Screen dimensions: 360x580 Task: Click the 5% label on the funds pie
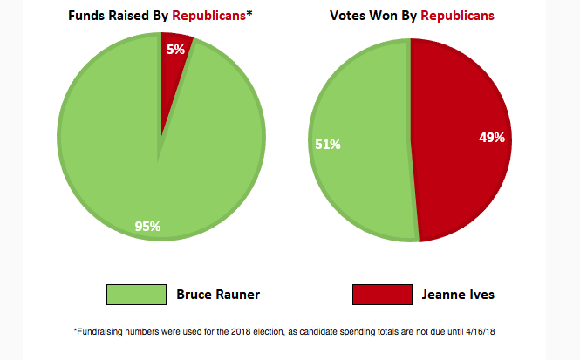(x=175, y=50)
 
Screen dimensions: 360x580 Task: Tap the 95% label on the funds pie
(x=147, y=227)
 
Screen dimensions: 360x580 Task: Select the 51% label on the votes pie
(x=327, y=144)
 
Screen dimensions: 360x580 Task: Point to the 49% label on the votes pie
(x=492, y=138)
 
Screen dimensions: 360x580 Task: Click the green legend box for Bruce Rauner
(x=136, y=295)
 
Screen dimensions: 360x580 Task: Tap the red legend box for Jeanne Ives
(x=382, y=295)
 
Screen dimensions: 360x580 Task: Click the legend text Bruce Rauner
(x=218, y=295)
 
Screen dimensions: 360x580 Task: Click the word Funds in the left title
(x=86, y=16)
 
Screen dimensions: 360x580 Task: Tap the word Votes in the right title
(x=348, y=16)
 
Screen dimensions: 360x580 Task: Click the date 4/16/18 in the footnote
(x=491, y=332)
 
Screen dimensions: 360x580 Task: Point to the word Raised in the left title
(x=131, y=16)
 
